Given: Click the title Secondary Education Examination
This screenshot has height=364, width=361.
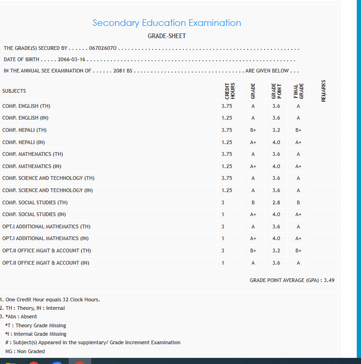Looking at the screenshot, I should [x=166, y=23].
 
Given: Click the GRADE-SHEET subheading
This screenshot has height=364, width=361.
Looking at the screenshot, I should [x=166, y=36].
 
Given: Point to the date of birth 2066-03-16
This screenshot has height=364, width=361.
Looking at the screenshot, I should [x=72, y=60].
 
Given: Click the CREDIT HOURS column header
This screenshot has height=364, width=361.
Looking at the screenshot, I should [x=230, y=90].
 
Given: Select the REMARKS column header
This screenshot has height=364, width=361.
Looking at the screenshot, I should [x=323, y=90].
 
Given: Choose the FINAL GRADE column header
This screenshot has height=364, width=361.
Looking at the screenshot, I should [x=298, y=90].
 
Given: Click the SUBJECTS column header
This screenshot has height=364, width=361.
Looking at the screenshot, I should [x=14, y=91].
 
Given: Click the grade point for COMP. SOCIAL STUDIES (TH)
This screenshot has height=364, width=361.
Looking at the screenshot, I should [x=276, y=202].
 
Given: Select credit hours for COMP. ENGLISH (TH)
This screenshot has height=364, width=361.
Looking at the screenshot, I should [x=227, y=106].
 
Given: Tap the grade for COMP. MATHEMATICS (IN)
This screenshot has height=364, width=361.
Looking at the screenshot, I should [x=253, y=166].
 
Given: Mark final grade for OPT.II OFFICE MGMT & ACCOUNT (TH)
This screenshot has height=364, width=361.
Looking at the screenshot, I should [x=298, y=251].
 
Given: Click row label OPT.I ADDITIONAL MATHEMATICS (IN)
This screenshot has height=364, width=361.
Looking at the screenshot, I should [x=45, y=238].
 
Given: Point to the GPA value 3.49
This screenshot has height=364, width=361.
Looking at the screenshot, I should [x=330, y=280].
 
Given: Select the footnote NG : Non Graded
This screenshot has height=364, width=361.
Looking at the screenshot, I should [x=25, y=351].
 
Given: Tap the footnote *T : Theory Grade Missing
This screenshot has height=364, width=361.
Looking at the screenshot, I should [x=35, y=325].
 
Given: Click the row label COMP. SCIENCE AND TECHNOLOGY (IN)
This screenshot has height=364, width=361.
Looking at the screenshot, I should [x=47, y=190].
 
